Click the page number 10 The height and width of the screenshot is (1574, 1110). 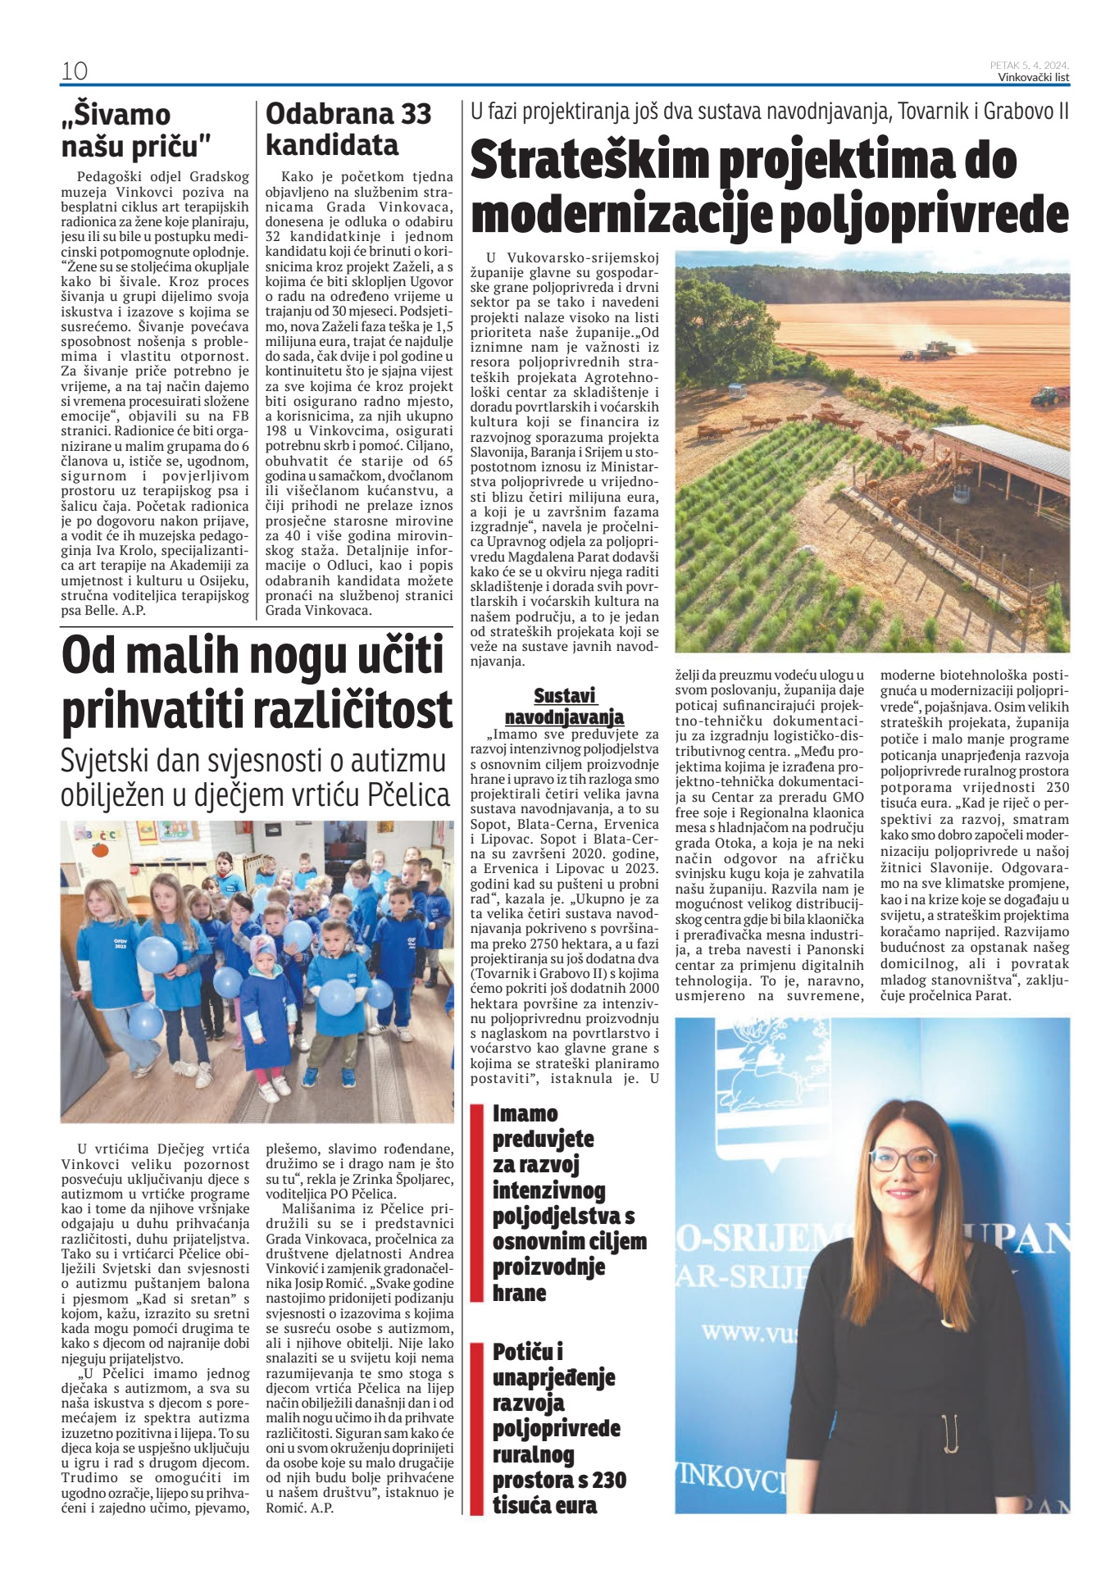[75, 71]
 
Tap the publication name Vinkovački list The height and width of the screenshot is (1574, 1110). [1033, 78]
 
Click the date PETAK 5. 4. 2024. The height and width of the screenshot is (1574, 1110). [1029, 65]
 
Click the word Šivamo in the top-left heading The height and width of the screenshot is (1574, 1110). [116, 114]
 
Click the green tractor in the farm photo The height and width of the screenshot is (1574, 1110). [1048, 397]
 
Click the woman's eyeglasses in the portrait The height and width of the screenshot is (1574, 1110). [903, 1159]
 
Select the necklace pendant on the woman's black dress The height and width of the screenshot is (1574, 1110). [951, 1464]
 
